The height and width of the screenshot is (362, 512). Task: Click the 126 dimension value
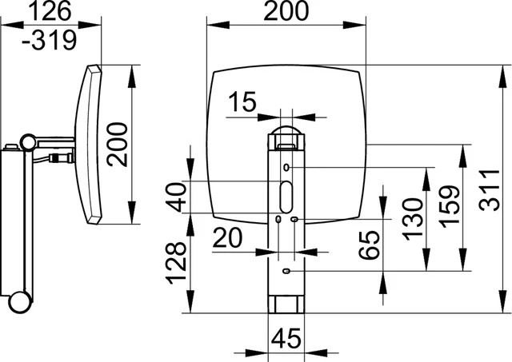click(x=50, y=10)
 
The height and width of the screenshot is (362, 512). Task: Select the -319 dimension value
click(x=50, y=40)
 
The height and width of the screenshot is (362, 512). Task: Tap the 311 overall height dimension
click(x=489, y=190)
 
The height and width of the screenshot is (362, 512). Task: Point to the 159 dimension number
click(x=450, y=207)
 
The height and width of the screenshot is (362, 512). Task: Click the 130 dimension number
click(x=413, y=220)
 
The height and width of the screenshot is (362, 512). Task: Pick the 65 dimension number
click(x=370, y=245)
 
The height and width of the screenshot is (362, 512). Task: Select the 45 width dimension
click(x=286, y=338)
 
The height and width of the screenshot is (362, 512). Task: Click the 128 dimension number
click(x=176, y=263)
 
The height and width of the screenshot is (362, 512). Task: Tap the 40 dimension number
click(x=176, y=197)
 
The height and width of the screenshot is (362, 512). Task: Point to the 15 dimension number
click(x=242, y=101)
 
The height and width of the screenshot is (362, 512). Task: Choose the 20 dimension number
click(x=227, y=237)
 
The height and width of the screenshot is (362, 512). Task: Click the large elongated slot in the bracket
click(x=286, y=197)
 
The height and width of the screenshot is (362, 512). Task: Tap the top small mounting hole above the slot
click(x=286, y=167)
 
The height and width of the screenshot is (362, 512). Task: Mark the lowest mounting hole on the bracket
click(x=286, y=271)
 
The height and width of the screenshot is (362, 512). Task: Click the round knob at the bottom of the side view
click(x=20, y=302)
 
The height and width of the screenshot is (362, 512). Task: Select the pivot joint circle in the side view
click(x=29, y=142)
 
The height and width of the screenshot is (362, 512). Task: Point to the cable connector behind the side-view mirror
click(x=62, y=158)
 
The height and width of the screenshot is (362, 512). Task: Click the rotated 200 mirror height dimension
click(x=118, y=145)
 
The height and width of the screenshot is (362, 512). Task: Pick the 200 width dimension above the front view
click(x=286, y=10)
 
